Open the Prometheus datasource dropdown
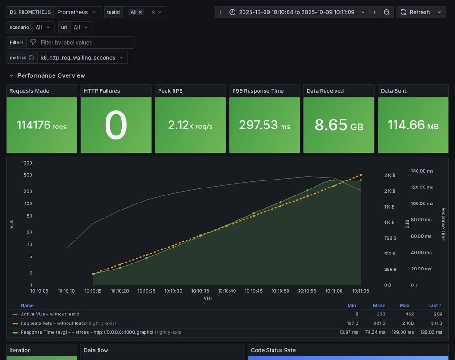point(77,12)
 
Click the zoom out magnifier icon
point(387,12)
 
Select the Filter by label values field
point(84,43)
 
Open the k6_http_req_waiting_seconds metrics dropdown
point(82,58)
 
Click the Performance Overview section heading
point(51,75)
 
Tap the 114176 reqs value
point(41,125)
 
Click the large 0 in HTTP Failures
point(116,125)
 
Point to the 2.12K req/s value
point(190,125)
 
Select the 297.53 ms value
point(265,125)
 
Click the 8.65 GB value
point(339,125)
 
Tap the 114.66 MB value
point(413,125)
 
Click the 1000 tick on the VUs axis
point(27,163)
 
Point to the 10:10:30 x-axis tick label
point(173,291)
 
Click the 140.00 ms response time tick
point(422,171)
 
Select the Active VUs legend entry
point(50,314)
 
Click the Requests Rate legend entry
point(53,323)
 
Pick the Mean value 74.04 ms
point(376,332)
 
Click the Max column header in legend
point(404,305)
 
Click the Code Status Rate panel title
point(273,350)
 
